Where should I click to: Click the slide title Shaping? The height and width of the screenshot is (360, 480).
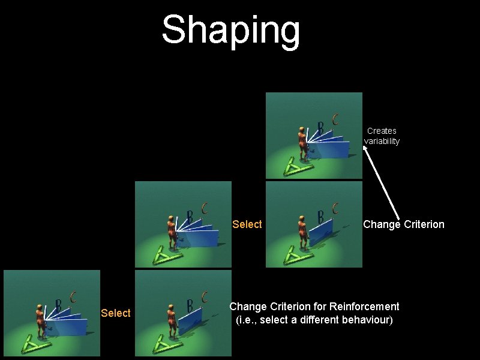(x=231, y=30)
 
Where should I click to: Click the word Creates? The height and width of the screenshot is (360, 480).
(x=382, y=131)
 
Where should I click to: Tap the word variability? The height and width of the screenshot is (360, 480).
(x=382, y=142)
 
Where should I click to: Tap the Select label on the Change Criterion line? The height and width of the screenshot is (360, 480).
(x=247, y=224)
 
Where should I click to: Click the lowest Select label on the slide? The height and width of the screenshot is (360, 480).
(x=116, y=313)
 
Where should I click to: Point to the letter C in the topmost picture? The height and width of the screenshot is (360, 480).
(x=335, y=119)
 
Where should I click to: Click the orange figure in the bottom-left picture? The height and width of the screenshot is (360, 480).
(x=41, y=321)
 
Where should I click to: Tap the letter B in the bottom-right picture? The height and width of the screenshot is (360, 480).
(x=190, y=305)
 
